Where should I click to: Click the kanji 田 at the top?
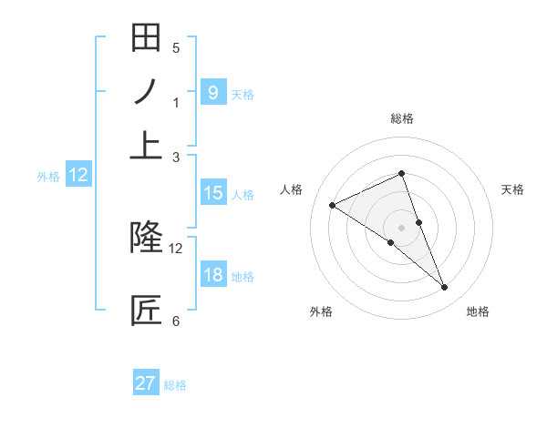(146, 38)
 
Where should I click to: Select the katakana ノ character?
(146, 92)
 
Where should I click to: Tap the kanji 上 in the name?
(146, 146)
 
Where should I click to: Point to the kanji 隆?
(146, 237)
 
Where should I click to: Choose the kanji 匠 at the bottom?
(146, 310)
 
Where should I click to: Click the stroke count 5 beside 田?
(176, 48)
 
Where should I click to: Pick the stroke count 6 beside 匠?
(176, 321)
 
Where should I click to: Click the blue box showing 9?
(212, 92)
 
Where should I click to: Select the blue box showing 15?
(212, 193)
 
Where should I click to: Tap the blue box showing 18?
(212, 275)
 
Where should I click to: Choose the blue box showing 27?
(145, 383)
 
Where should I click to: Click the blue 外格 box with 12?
(78, 176)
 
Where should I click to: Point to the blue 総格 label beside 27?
(175, 385)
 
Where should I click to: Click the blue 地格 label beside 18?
(243, 276)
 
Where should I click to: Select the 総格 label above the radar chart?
(401, 117)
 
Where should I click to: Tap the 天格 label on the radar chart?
(512, 189)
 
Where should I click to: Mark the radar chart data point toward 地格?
(445, 288)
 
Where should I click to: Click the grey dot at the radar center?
(401, 227)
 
